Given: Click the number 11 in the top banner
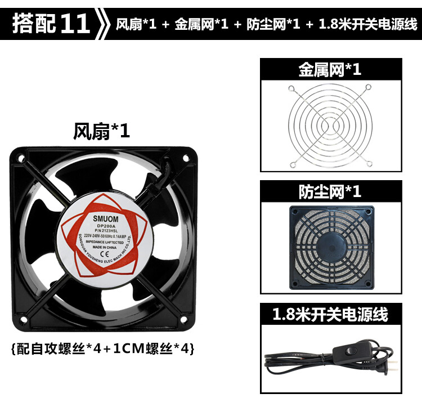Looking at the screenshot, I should pos(75,24).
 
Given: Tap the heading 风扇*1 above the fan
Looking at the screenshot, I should pos(101,131).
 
